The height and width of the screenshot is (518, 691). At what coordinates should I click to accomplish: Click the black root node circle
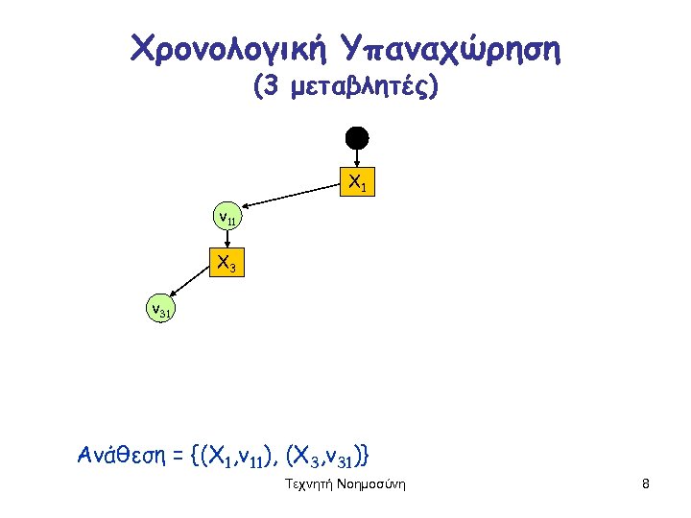[x=357, y=137]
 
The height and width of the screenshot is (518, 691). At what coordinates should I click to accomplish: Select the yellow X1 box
[x=356, y=180]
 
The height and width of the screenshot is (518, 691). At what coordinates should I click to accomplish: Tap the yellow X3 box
[x=227, y=263]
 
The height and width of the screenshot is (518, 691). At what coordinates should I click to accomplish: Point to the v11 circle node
[x=227, y=218]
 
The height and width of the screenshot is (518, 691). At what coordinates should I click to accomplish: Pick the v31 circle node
[x=159, y=309]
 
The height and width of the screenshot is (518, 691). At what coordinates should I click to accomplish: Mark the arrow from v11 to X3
[x=228, y=240]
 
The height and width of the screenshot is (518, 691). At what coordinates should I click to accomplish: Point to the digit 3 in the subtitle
[x=271, y=89]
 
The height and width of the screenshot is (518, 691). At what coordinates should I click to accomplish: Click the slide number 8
[x=646, y=484]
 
